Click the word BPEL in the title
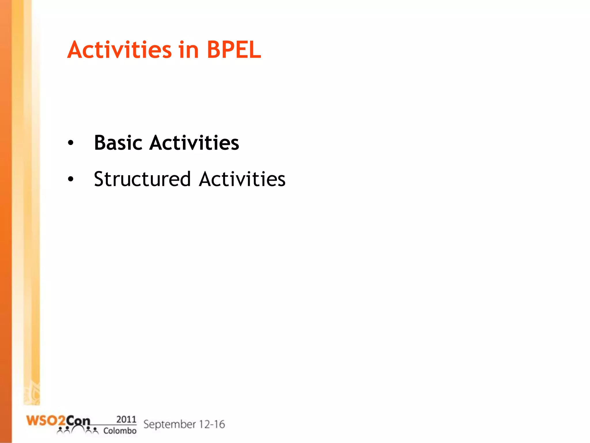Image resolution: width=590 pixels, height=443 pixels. click(234, 50)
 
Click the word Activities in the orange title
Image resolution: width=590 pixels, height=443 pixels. click(120, 50)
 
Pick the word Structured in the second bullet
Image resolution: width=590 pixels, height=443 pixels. click(142, 179)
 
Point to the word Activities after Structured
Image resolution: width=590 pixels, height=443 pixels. click(242, 179)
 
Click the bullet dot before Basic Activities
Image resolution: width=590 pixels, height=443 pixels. click(71, 143)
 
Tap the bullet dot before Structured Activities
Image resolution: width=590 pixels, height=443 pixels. click(71, 179)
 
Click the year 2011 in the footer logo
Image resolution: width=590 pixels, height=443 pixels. click(126, 419)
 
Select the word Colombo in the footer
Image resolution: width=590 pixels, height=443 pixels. click(120, 431)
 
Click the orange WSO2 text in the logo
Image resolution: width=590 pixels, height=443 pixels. click(46, 421)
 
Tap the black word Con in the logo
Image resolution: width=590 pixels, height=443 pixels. click(78, 421)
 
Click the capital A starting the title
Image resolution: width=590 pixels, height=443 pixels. click(76, 50)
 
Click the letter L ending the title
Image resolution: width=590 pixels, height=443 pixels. click(255, 50)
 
